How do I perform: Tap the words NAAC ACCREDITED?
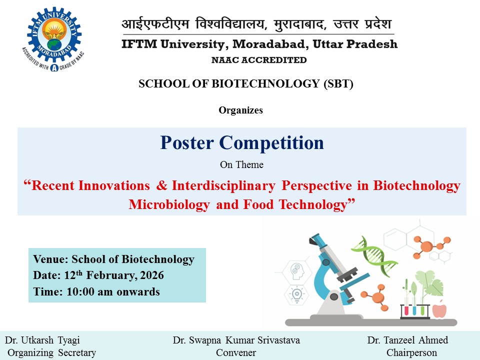259,60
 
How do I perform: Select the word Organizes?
240,110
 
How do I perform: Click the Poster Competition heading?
242,142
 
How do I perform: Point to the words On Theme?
241,164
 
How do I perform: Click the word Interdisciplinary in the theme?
223,186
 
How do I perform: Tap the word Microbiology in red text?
169,204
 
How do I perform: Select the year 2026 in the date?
152,275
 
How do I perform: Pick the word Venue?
50,259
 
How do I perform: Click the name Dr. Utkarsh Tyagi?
42,340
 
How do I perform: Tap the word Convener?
236,352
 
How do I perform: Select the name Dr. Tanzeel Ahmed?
407,340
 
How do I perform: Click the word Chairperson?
411,352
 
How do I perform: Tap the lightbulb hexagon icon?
296,294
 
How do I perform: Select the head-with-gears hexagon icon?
296,271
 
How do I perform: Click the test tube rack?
415,311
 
